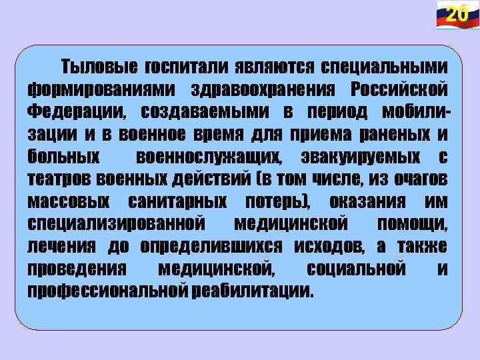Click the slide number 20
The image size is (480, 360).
[x=456, y=14]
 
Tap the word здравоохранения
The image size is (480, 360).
[x=265, y=89]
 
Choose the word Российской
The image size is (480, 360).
[x=399, y=89]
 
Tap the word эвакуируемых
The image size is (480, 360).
[x=364, y=157]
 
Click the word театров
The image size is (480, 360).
[x=60, y=179]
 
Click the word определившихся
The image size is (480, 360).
[x=217, y=246]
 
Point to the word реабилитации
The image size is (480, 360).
[x=252, y=291]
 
